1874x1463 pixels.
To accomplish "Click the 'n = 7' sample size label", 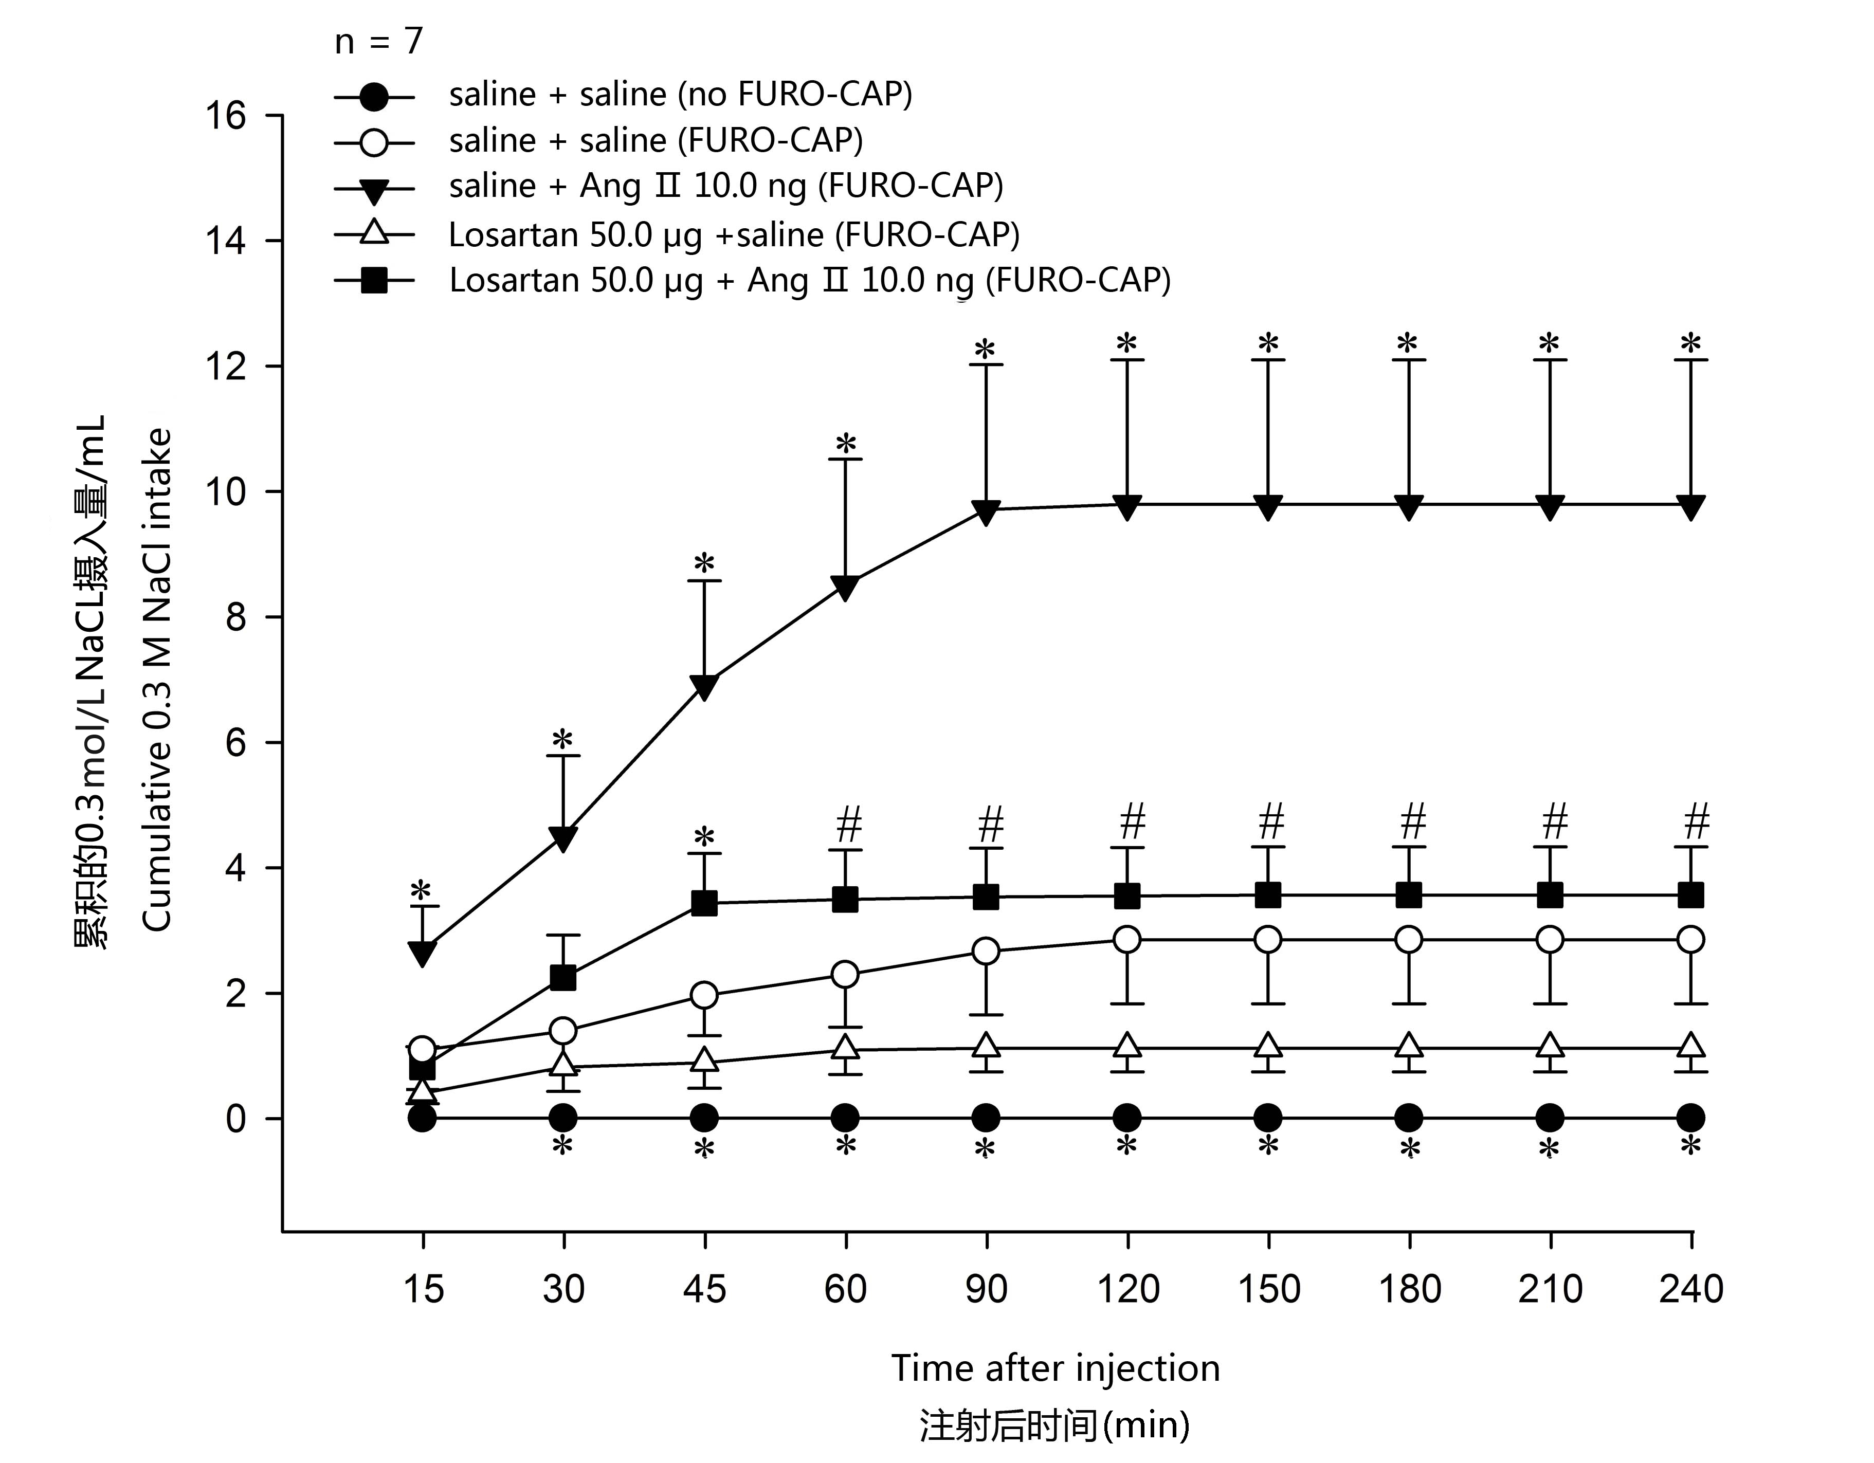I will pyautogui.click(x=378, y=41).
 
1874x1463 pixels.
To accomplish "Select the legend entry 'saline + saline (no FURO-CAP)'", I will pyautogui.click(x=680, y=95).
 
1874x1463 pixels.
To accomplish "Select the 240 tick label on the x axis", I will pyautogui.click(x=1690, y=1290).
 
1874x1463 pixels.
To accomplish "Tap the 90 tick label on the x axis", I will pyautogui.click(x=986, y=1290).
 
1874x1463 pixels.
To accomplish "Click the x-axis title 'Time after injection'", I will pyautogui.click(x=1054, y=1368).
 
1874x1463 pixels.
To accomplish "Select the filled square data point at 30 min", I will pyautogui.click(x=563, y=977).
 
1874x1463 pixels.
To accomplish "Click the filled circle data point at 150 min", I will pyautogui.click(x=1268, y=1118).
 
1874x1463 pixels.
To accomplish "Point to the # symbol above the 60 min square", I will pyautogui.click(x=848, y=825).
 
